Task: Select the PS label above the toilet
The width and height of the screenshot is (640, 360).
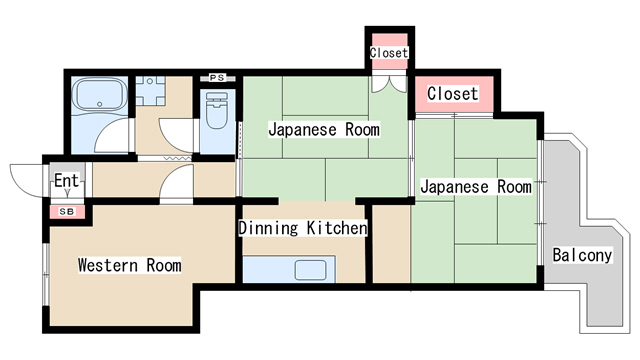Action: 216,77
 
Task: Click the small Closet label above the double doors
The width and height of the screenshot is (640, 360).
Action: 389,52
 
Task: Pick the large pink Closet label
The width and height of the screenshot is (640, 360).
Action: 453,94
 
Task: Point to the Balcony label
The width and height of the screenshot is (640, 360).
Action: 581,256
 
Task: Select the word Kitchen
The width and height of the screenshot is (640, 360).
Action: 335,229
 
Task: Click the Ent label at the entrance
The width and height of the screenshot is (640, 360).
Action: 66,181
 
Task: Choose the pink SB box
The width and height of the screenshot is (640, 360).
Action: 67,212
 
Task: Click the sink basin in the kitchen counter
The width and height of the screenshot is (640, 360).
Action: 311,268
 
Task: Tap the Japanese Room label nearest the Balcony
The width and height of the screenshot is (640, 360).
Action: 475,187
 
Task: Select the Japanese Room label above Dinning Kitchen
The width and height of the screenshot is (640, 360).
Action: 322,129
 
